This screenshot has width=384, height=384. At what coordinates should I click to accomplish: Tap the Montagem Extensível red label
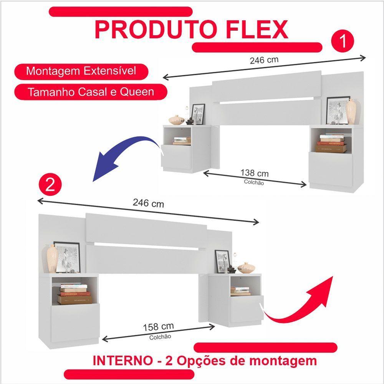[81, 71]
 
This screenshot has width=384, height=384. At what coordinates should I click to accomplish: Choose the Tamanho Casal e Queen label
[91, 92]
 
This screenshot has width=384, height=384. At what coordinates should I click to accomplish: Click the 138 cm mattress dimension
[254, 173]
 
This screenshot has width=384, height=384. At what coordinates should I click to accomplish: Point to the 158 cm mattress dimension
[158, 327]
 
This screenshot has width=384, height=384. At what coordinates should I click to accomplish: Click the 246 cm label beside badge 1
[264, 60]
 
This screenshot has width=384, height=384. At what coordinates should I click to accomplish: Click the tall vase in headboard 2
[52, 258]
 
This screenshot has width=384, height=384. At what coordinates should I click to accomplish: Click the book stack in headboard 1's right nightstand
[331, 143]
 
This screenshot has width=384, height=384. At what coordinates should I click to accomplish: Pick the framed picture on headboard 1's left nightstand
[198, 114]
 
